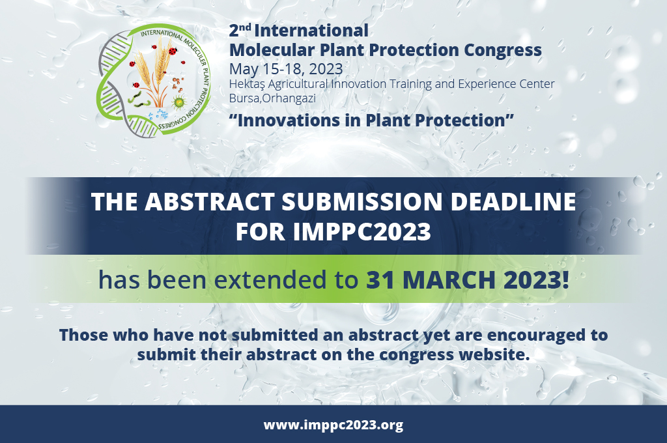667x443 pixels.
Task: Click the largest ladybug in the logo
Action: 173,51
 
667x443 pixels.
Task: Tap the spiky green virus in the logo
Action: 179,102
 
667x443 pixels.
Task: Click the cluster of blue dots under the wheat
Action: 160,114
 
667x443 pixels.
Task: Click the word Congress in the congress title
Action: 503,50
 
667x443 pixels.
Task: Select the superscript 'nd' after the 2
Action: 245,27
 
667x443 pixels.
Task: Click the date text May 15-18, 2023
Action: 286,69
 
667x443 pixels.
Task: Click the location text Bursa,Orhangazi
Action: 272,98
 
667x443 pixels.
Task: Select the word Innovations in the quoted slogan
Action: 289,121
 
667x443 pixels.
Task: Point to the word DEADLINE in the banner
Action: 513,202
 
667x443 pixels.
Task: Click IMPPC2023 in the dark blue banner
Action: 362,232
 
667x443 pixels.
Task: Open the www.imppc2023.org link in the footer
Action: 333,425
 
